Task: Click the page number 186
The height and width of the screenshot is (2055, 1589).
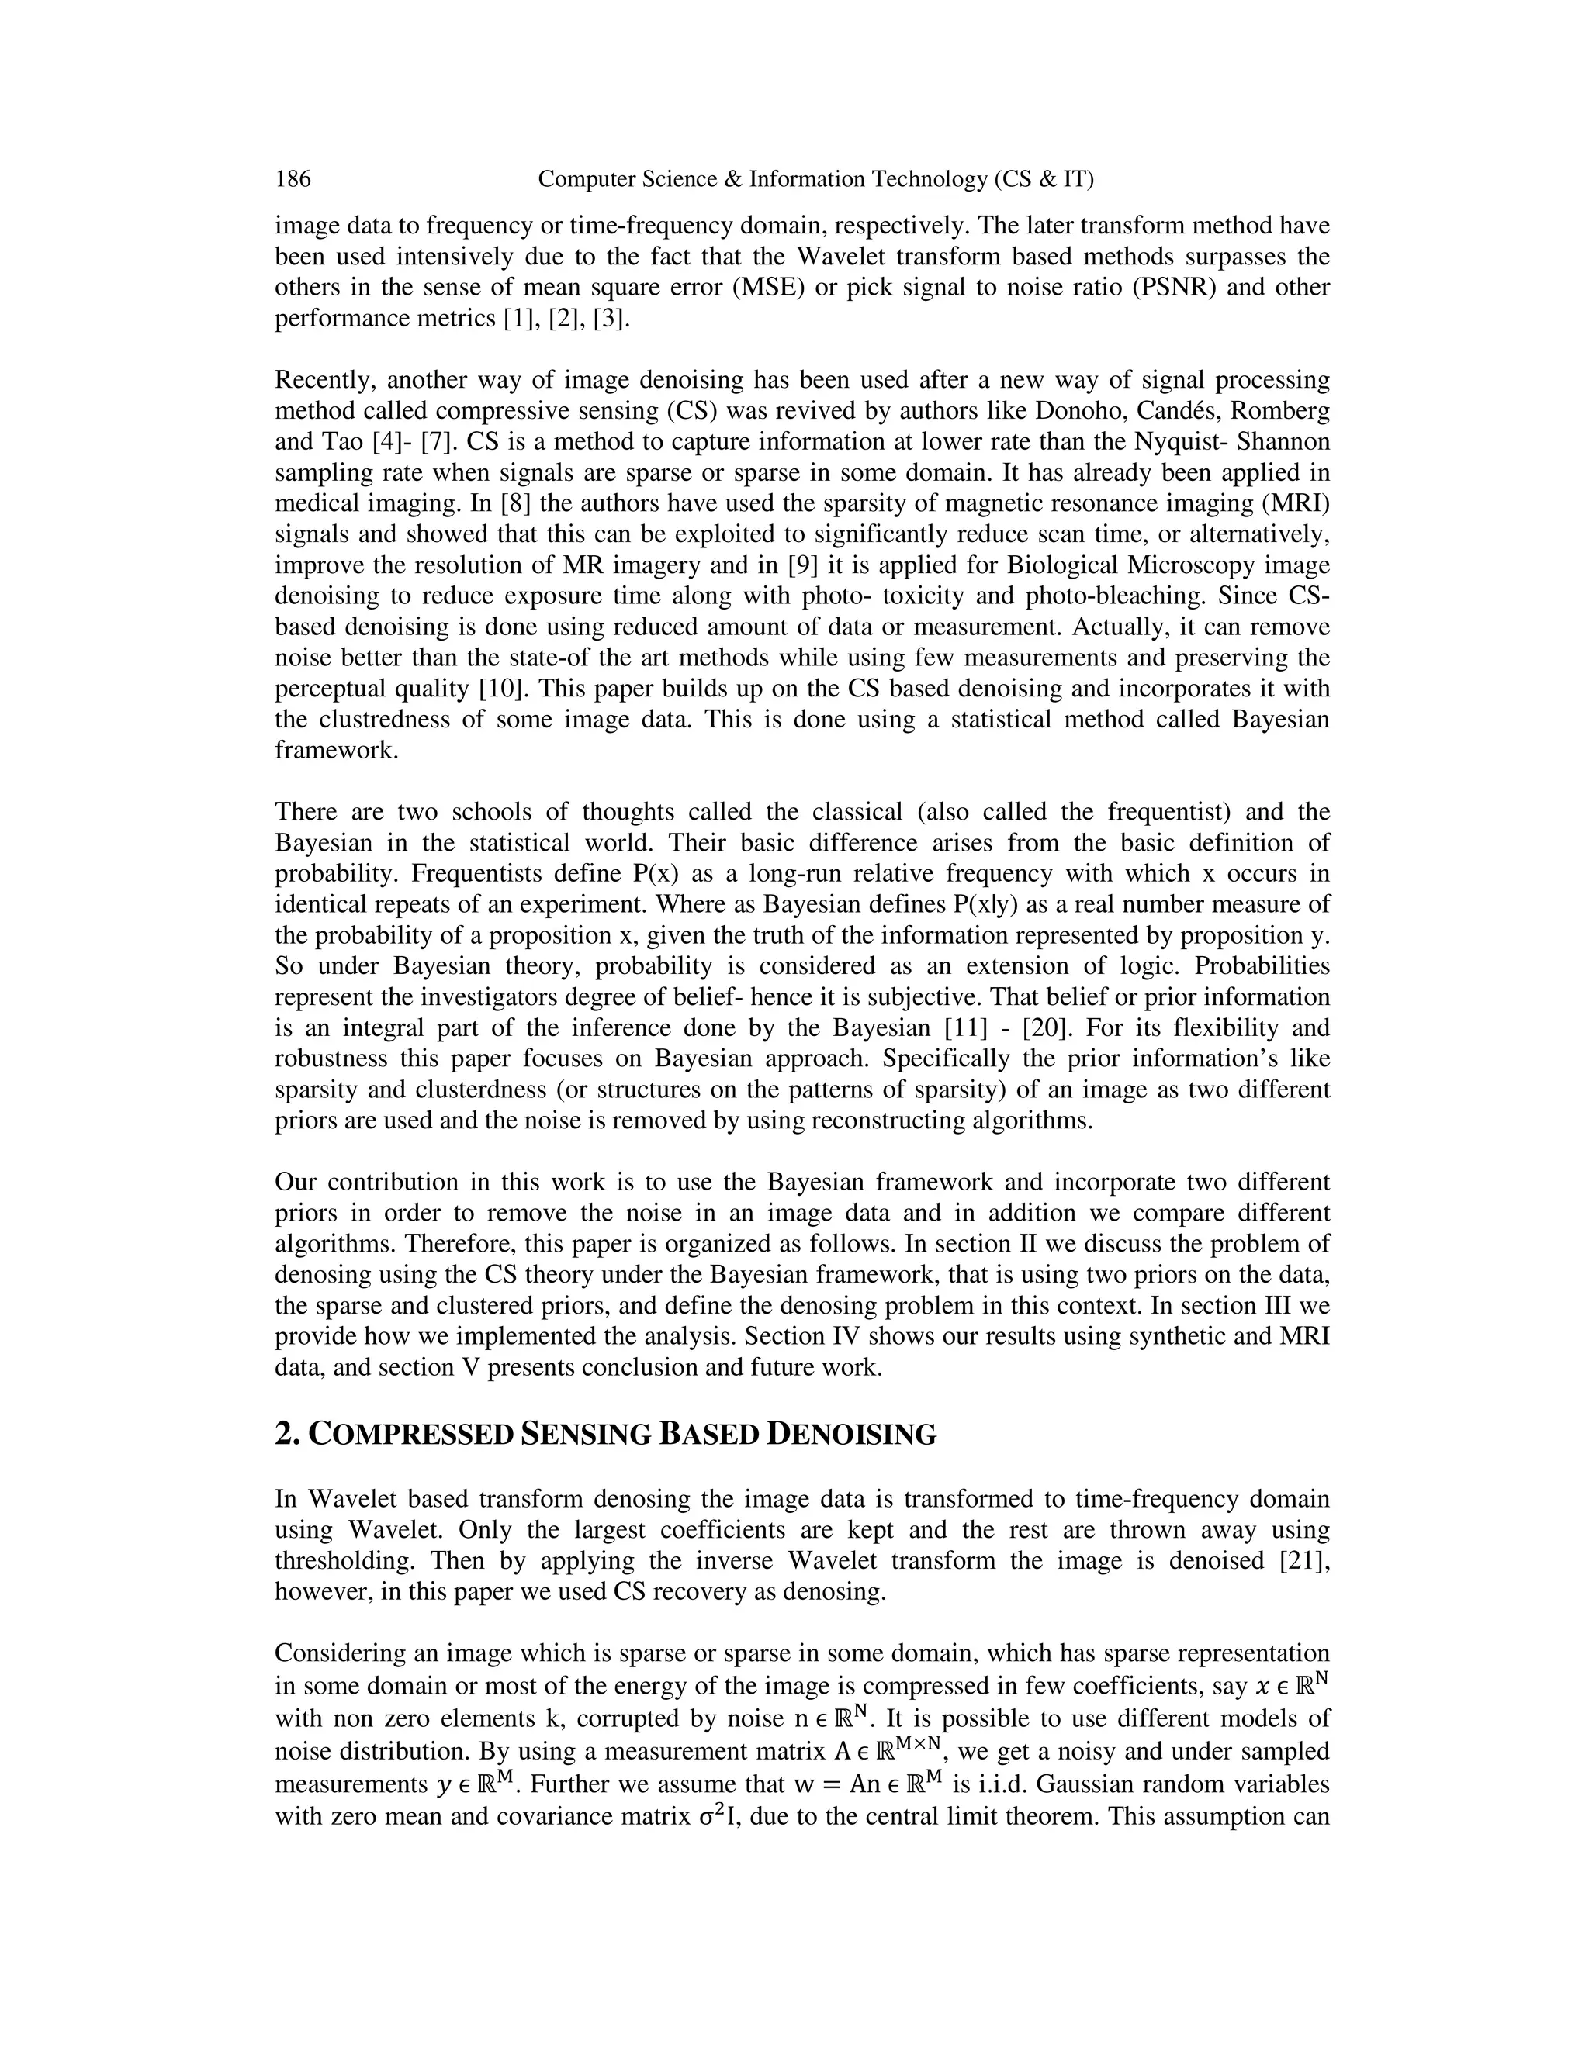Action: [293, 179]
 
